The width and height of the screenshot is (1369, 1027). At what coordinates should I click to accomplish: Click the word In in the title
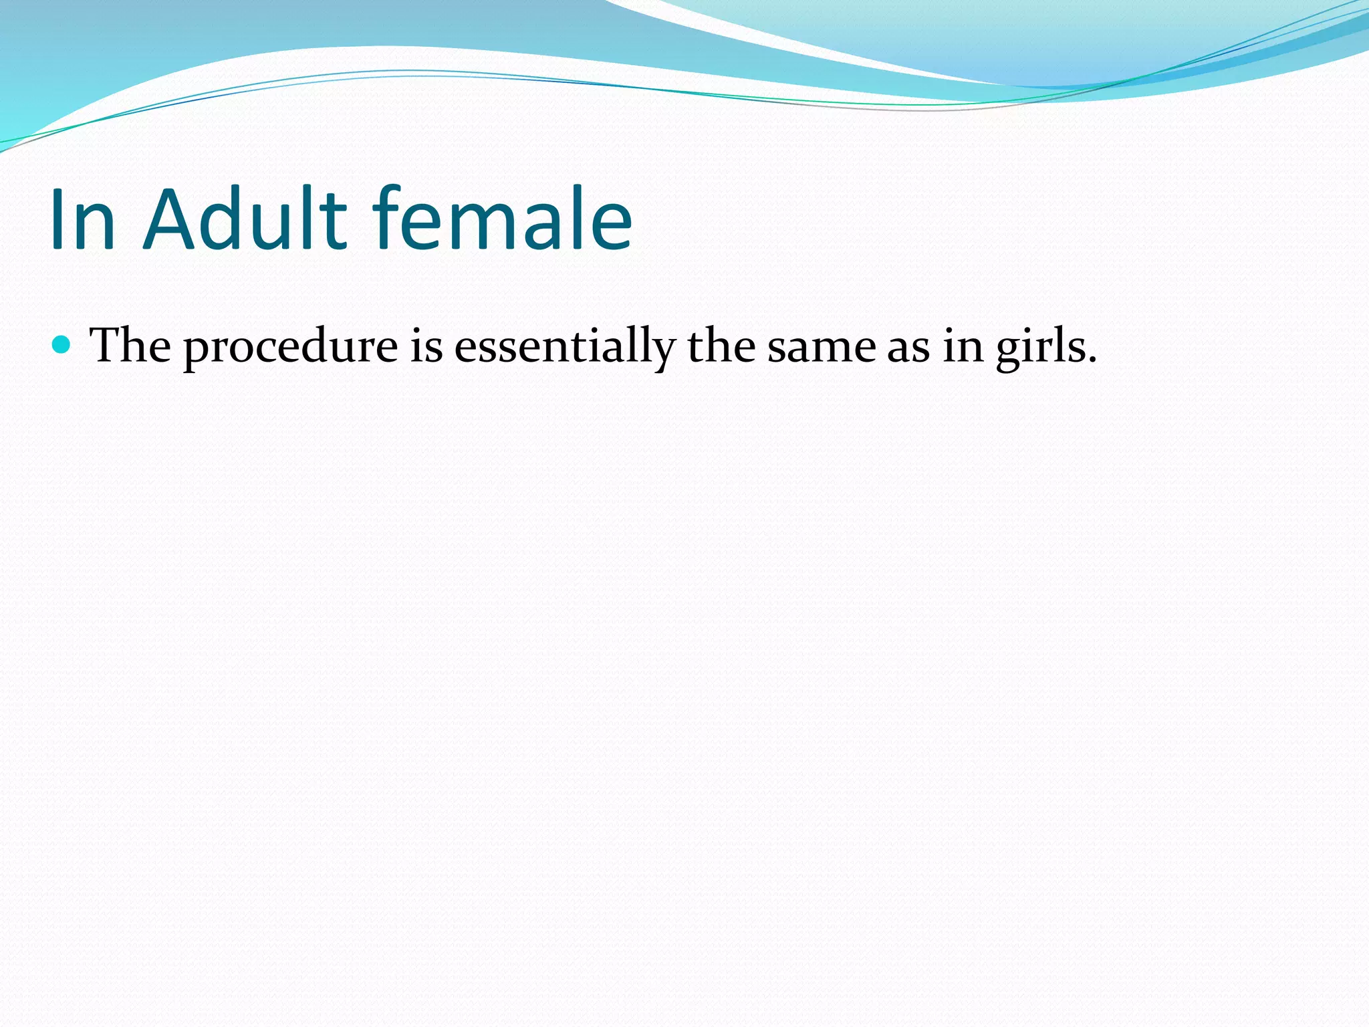tap(83, 219)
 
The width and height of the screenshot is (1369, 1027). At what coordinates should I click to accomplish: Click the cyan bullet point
tap(61, 345)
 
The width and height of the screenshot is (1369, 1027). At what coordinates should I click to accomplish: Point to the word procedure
tap(291, 348)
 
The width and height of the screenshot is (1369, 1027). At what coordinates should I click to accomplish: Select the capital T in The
tap(106, 346)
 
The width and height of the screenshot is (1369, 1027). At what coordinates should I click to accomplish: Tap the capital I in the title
tap(57, 219)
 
